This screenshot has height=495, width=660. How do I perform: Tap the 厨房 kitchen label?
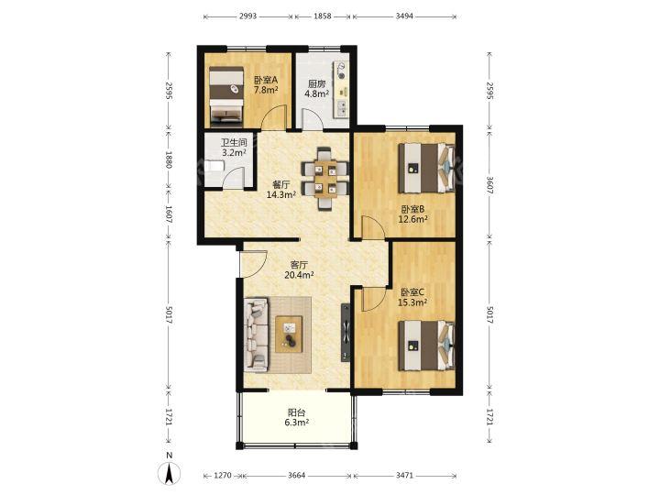(x=316, y=83)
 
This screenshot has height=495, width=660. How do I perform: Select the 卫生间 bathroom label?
(x=234, y=143)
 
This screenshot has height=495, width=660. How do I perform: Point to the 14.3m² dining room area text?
(x=281, y=194)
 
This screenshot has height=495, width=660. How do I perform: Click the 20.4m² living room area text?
(x=299, y=275)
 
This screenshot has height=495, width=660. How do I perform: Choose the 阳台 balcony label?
(x=296, y=412)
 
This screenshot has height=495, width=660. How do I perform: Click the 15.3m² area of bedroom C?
(x=412, y=302)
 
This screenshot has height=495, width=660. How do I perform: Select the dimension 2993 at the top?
(x=247, y=16)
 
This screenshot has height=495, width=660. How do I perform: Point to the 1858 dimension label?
(x=323, y=16)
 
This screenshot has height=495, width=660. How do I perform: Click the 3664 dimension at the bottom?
(x=297, y=475)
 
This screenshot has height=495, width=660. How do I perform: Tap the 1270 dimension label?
(x=223, y=475)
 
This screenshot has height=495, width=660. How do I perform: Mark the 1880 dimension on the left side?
(x=169, y=159)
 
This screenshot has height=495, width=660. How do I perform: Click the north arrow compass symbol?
(x=169, y=473)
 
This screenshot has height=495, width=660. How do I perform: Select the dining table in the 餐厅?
(x=324, y=179)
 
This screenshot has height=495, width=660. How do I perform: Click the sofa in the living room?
(x=257, y=335)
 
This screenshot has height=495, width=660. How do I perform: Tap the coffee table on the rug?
(x=289, y=334)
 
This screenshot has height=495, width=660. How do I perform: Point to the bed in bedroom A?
(x=227, y=95)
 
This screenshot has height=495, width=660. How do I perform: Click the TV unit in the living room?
(x=346, y=333)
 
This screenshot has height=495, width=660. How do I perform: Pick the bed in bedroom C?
(x=426, y=346)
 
